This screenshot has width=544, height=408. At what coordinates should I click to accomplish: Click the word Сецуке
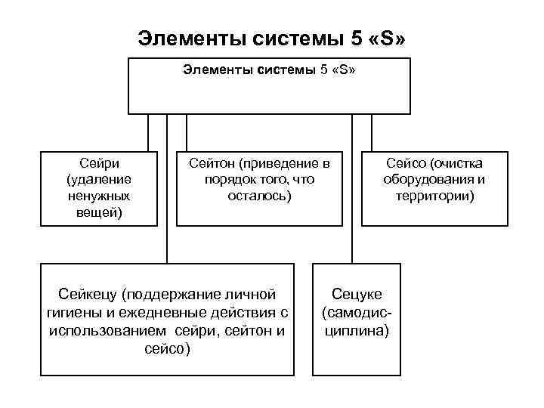pyautogui.click(x=357, y=294)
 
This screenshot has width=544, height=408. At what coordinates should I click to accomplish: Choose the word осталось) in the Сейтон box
pyautogui.click(x=259, y=196)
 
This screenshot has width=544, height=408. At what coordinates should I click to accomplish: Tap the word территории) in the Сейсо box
pyautogui.click(x=434, y=196)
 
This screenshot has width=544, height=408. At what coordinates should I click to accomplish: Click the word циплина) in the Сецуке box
pyautogui.click(x=357, y=330)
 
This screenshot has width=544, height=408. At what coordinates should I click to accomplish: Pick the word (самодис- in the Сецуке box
pyautogui.click(x=357, y=312)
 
